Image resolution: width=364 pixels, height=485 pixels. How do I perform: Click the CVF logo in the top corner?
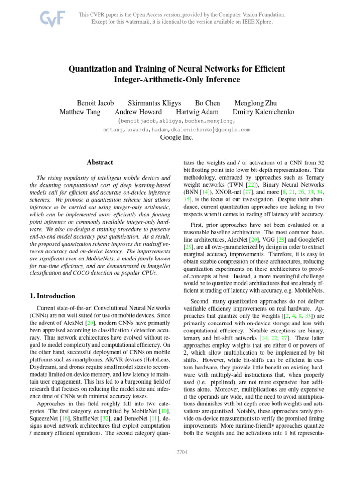click(x=52, y=19)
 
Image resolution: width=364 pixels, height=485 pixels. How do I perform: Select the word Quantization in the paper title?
click(x=94, y=69)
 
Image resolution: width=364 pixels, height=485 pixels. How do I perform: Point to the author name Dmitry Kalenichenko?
click(x=264, y=112)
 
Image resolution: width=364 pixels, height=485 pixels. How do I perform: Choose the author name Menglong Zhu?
click(x=256, y=103)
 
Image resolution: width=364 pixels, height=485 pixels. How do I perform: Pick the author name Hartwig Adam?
click(x=197, y=112)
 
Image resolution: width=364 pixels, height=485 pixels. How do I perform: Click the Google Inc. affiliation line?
click(x=177, y=137)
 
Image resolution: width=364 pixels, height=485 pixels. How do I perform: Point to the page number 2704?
click(x=182, y=452)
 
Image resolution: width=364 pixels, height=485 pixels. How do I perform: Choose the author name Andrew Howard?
click(x=138, y=112)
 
